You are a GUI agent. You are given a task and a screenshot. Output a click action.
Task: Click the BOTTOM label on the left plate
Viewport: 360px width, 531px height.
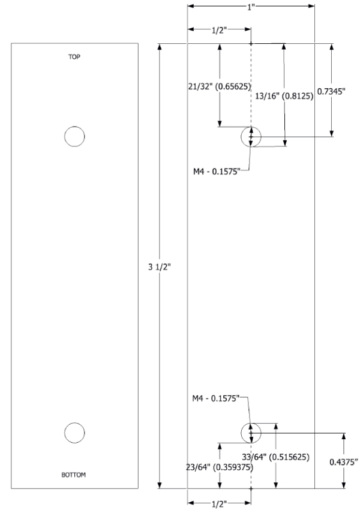click(x=73, y=475)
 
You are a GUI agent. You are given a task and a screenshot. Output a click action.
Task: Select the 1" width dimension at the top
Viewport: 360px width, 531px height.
click(x=251, y=6)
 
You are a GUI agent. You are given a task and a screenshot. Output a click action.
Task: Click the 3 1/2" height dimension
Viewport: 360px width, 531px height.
click(x=148, y=266)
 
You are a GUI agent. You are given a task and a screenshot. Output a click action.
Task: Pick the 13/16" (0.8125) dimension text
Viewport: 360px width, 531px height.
click(x=289, y=96)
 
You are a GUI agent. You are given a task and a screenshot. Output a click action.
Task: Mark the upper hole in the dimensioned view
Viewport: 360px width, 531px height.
click(x=251, y=137)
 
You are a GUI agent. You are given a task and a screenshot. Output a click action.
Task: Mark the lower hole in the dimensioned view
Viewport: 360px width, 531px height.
click(x=251, y=432)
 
